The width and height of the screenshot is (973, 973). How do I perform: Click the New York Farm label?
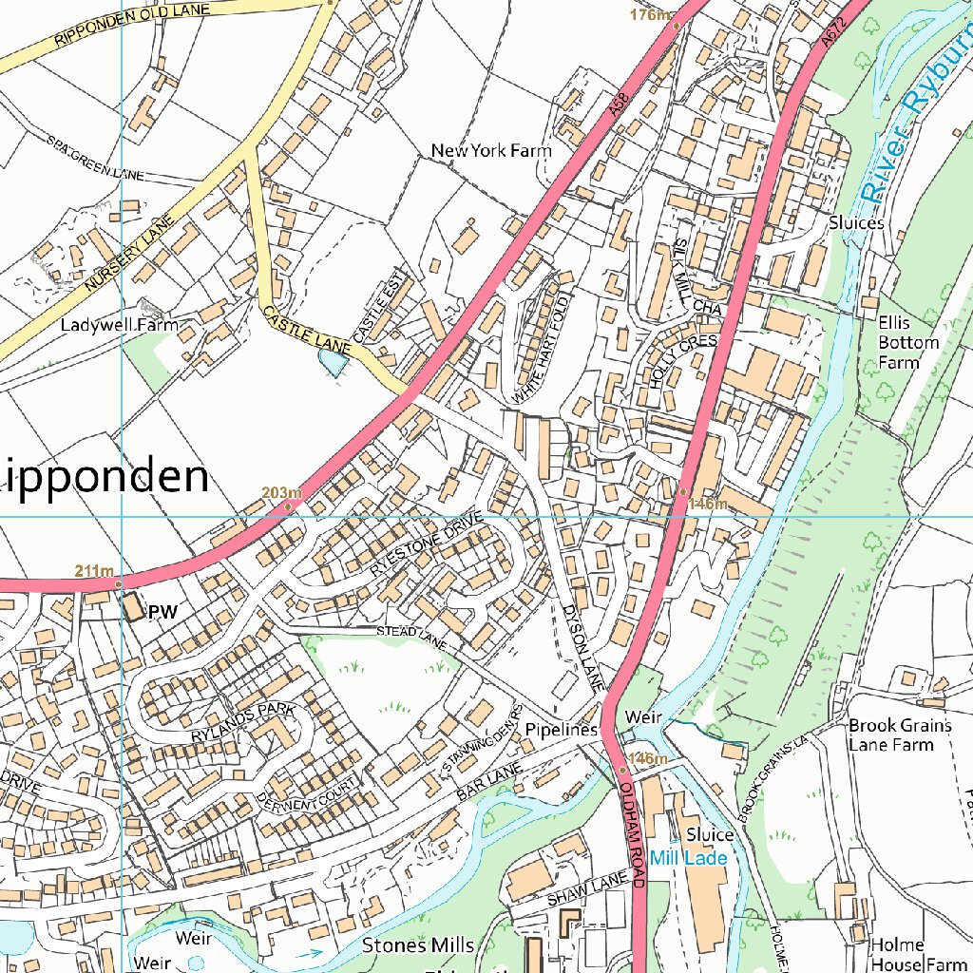[490, 150]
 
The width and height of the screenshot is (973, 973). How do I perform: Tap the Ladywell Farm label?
[119, 325]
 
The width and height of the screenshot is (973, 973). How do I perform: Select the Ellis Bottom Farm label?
[907, 342]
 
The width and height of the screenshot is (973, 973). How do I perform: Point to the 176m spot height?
[651, 15]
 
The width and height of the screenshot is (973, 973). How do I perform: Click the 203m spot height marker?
[289, 506]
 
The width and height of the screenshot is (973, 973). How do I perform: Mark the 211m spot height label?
[94, 571]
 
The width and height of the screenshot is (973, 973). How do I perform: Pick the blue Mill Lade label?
[689, 858]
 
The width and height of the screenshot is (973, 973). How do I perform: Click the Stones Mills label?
[417, 945]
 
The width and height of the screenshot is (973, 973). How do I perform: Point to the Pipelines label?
[561, 730]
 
